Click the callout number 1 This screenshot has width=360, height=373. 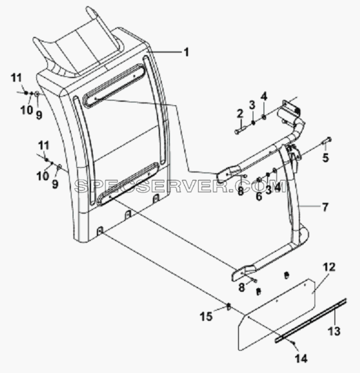[187, 52]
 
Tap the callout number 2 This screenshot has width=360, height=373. [240, 114]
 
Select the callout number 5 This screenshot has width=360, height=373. [325, 157]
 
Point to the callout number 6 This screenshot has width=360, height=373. [259, 196]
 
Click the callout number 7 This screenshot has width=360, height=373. [325, 207]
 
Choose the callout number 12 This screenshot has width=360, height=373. [329, 267]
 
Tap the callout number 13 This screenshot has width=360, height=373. [334, 331]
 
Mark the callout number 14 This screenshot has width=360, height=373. [301, 358]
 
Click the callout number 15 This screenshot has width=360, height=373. [206, 317]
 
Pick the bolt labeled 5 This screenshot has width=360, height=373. [327, 140]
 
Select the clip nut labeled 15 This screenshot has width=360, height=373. [228, 306]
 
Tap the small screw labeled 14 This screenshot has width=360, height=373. [294, 343]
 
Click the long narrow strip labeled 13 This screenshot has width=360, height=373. [311, 320]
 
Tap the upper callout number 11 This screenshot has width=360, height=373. [16, 78]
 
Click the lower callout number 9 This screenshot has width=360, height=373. [55, 184]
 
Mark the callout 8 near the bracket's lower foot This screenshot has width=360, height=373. [241, 288]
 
